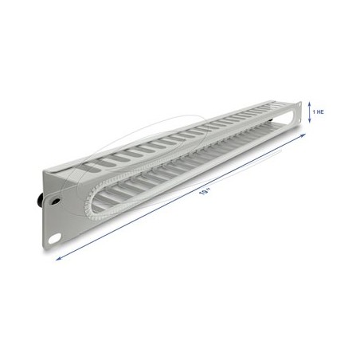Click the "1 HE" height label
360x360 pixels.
[x=318, y=112]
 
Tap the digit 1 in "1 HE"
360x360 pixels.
[x=314, y=112]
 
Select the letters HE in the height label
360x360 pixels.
[x=320, y=112]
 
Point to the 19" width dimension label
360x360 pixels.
[x=205, y=191]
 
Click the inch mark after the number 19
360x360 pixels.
[x=209, y=189]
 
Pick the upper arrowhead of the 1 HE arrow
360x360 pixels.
[x=309, y=104]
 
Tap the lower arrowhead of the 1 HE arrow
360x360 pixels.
[x=309, y=121]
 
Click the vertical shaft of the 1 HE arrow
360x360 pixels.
[x=309, y=112]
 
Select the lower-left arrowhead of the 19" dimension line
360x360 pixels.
[x=58, y=259]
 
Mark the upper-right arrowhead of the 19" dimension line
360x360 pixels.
[x=303, y=135]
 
